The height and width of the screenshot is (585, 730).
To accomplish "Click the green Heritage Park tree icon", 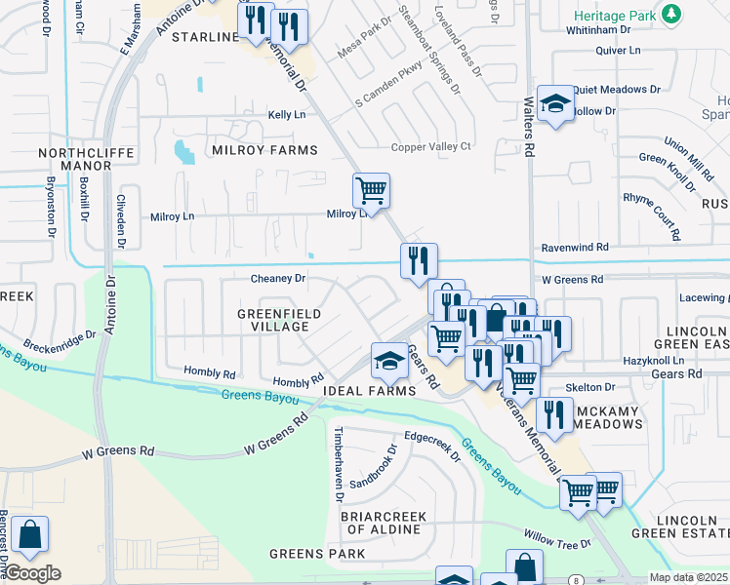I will tap(670, 14).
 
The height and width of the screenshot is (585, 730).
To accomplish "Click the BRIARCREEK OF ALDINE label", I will tap(381, 522).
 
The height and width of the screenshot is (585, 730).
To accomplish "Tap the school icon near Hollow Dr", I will tap(555, 103).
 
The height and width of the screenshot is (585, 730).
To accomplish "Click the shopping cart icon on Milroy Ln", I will tap(371, 188).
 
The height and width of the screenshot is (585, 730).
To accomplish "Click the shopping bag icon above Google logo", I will tap(29, 535).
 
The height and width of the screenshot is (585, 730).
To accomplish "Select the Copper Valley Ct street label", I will tap(430, 146).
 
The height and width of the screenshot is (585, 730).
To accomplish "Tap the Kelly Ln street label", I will tap(287, 115).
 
